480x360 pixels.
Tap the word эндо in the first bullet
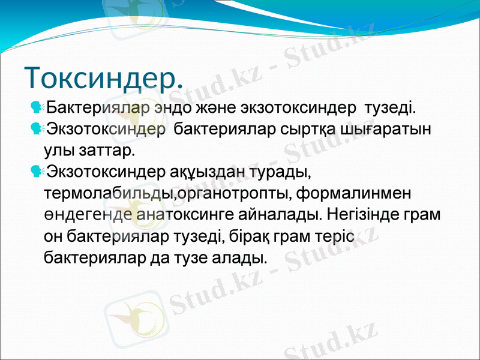(x=172, y=109)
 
